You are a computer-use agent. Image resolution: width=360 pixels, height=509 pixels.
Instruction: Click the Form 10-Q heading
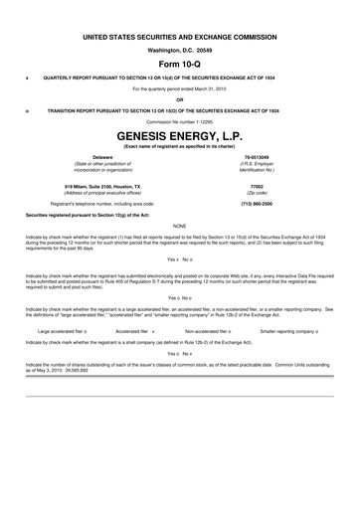179,63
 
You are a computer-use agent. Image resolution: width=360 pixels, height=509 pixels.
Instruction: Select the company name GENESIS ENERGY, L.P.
179,133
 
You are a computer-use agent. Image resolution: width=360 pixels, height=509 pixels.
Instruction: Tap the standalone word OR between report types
179,98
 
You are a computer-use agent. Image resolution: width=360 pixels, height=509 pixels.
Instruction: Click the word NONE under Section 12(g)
179,226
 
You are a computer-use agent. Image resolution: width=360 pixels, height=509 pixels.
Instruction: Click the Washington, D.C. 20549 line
179,49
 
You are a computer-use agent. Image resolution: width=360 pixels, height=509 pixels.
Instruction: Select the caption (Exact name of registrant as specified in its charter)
179,146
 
